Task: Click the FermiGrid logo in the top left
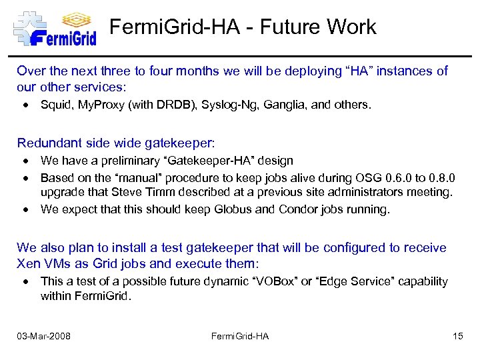(x=55, y=28)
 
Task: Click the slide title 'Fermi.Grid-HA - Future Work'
(x=243, y=27)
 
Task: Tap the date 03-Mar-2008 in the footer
(x=43, y=336)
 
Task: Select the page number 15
(x=457, y=336)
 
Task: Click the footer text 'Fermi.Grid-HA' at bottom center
(x=239, y=336)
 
